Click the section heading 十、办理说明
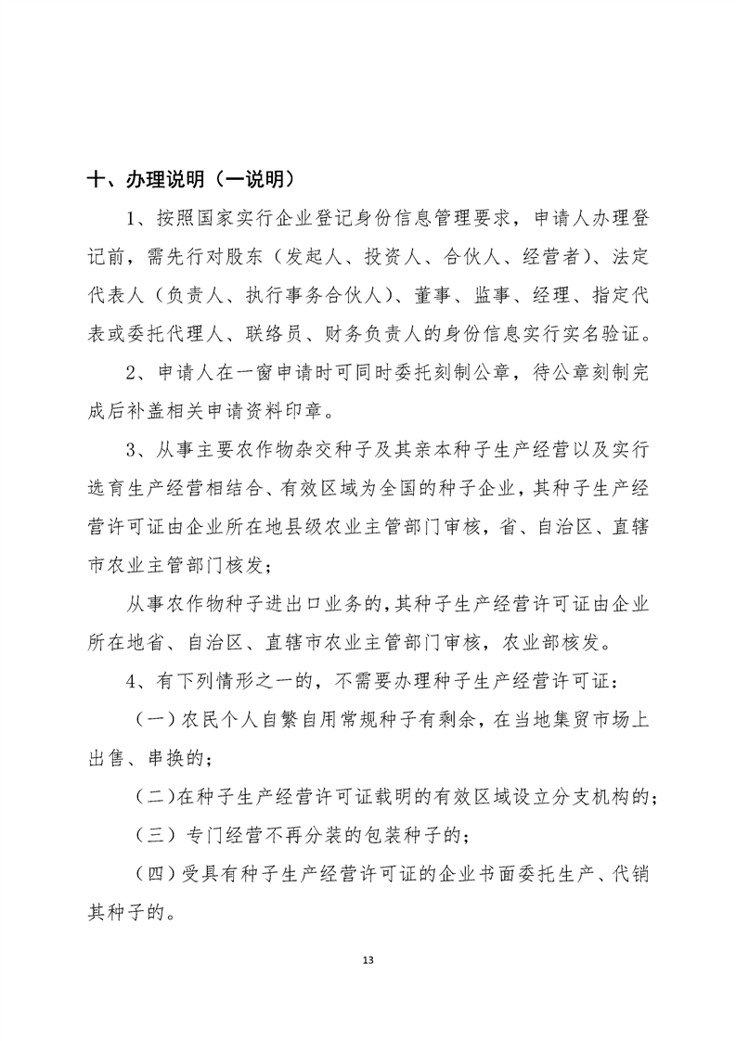pos(139,179)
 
